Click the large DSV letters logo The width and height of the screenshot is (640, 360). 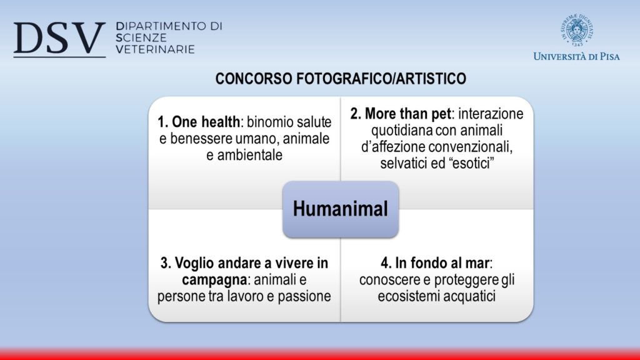(x=59, y=39)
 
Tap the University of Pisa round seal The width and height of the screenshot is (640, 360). (x=576, y=30)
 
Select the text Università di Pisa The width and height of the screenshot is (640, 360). (x=576, y=56)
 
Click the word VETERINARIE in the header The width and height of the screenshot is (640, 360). (x=155, y=49)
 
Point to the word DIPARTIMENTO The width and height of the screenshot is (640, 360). (x=161, y=26)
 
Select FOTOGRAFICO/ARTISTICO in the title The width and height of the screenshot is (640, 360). (x=381, y=79)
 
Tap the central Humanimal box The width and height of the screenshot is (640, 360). (x=341, y=209)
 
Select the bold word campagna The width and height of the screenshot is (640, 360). (x=214, y=281)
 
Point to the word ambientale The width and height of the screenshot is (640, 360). (x=250, y=155)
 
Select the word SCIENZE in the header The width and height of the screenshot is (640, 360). (x=141, y=38)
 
